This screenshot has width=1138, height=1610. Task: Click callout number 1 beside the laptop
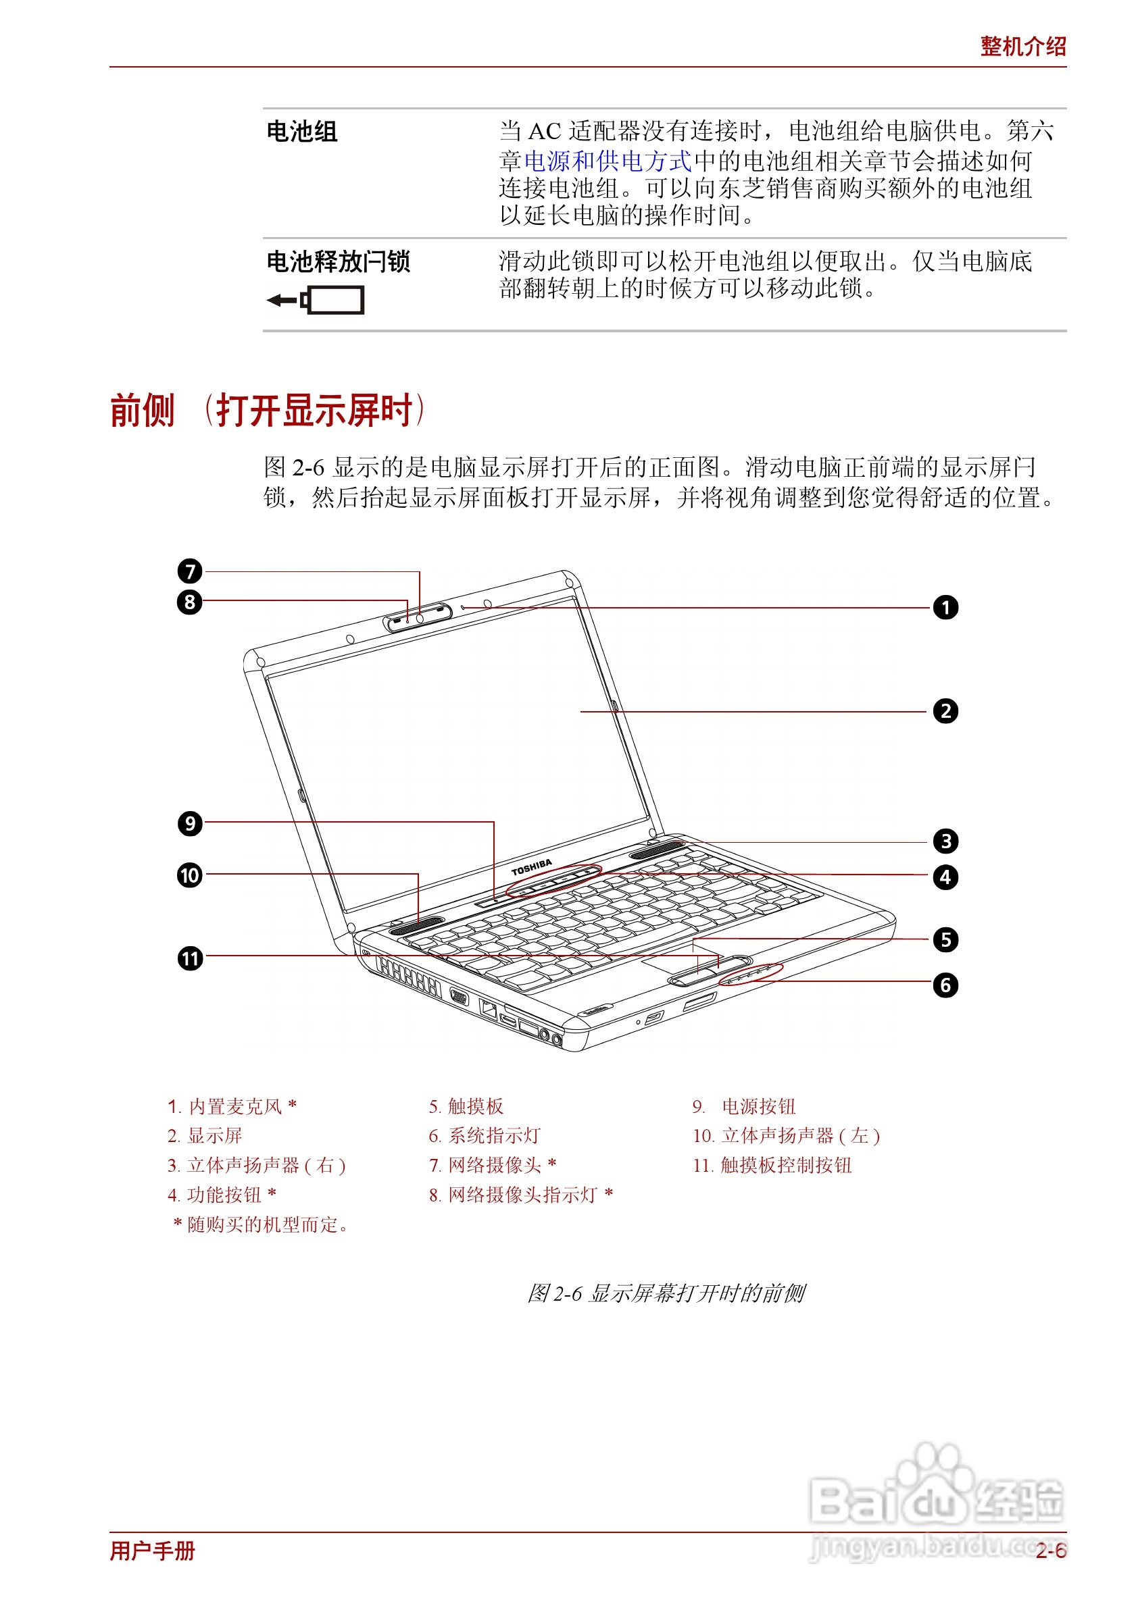945,607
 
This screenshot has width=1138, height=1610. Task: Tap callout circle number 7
189,571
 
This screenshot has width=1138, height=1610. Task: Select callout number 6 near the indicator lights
945,985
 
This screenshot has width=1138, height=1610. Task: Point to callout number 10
189,875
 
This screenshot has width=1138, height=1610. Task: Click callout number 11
189,958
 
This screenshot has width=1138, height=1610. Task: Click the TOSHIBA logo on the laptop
531,867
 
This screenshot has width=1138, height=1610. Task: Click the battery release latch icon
316,300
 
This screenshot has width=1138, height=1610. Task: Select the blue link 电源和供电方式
608,161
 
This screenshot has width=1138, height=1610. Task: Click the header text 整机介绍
1022,47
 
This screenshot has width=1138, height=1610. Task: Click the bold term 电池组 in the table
301,131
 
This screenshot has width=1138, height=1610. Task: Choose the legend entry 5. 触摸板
466,1106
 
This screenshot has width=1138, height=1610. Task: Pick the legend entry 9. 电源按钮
744,1106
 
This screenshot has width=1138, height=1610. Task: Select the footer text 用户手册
152,1551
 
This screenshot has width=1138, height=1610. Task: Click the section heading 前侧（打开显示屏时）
268,410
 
